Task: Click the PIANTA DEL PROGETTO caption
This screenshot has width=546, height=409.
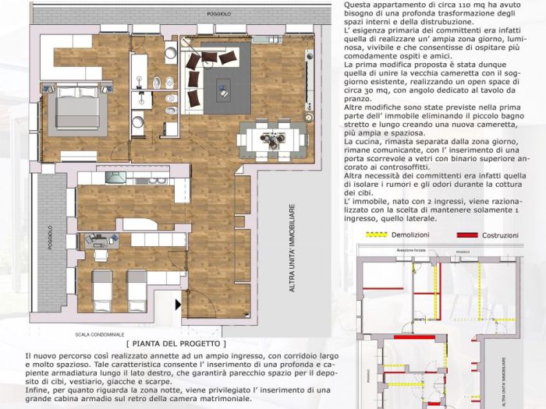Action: pyautogui.click(x=175, y=343)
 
